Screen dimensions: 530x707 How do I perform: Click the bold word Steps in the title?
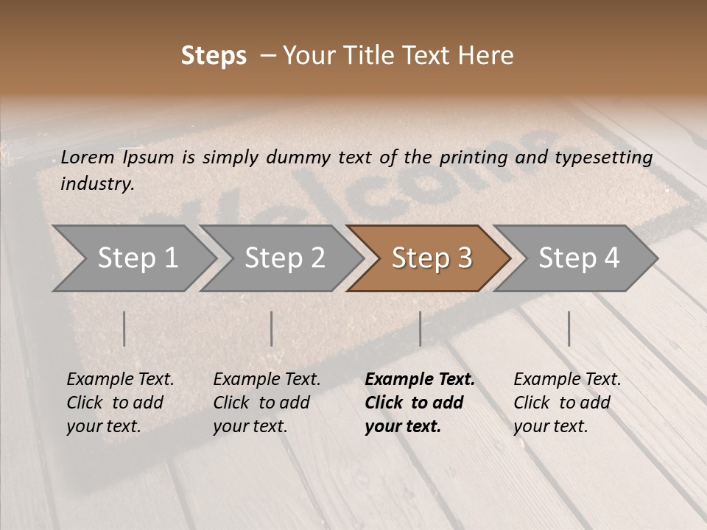point(214,56)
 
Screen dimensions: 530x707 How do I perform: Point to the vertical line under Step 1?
point(124,328)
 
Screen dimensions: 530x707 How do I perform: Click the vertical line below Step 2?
point(272,328)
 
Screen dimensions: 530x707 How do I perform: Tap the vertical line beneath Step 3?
point(420,328)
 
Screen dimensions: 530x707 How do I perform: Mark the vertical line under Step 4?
point(569,328)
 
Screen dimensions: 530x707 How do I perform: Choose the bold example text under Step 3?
point(419,403)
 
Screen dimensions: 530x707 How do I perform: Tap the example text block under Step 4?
point(567,403)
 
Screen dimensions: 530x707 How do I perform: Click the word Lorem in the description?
point(87,158)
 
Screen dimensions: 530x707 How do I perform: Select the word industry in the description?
point(96,184)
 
